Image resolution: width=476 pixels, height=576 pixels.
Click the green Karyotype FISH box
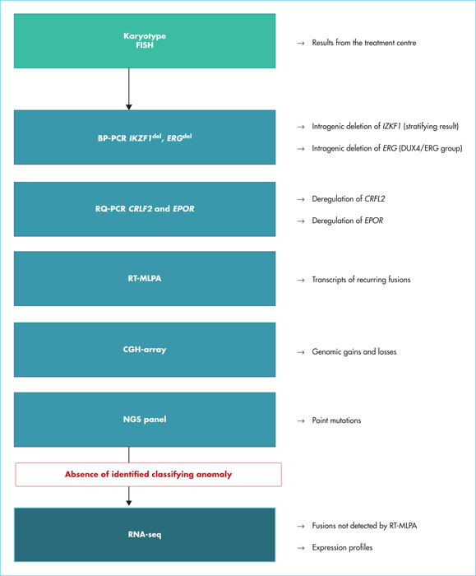coord(145,41)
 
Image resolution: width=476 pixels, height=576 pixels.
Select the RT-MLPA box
coord(145,278)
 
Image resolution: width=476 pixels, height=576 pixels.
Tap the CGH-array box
coord(145,350)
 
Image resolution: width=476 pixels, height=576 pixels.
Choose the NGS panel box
coord(145,420)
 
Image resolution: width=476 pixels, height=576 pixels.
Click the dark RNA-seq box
coord(145,535)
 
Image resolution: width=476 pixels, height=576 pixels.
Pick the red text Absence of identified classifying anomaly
coord(148,474)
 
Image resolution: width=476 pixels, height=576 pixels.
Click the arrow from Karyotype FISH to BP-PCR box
coord(129,89)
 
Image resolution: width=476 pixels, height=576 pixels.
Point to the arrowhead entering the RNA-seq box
coord(129,503)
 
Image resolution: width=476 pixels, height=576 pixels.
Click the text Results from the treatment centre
coord(364,43)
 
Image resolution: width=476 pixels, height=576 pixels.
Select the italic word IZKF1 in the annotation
coord(391,127)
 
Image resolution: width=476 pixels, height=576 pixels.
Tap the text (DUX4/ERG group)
coord(431,148)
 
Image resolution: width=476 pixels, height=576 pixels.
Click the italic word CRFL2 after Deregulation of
coord(375,199)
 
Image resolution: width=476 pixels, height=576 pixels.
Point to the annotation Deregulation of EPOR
coord(348,221)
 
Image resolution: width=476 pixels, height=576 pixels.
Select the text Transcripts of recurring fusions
coord(361,280)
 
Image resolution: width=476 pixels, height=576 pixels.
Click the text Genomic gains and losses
coord(354,352)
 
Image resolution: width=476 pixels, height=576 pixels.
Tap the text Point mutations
coord(336,420)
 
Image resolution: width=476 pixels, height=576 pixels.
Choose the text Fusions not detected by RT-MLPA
coord(364,526)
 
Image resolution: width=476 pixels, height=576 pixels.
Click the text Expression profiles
coord(342,548)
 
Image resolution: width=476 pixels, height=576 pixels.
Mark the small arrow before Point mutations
coord(301,421)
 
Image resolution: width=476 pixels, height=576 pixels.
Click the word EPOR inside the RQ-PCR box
coord(183,209)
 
